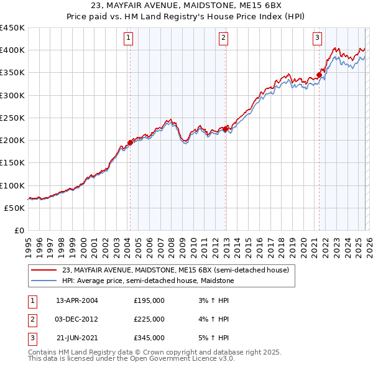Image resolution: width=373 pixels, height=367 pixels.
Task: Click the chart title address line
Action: [186, 6]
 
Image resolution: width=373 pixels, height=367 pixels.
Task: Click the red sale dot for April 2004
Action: [130, 142]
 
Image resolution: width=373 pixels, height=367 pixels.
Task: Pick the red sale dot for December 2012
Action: [226, 129]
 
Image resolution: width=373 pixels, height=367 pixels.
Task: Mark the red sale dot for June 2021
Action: [320, 75]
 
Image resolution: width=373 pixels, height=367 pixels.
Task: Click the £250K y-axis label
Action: [12, 118]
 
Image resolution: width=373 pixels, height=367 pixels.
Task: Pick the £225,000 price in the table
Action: [149, 319]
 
